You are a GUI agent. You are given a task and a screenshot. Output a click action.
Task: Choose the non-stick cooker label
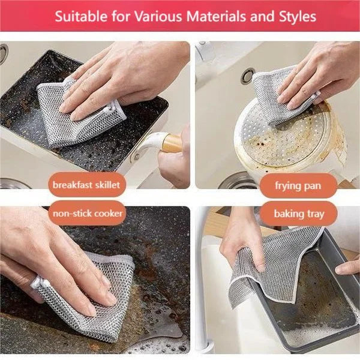[x=88, y=214]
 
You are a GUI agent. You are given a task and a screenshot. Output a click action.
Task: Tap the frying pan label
[x=298, y=185]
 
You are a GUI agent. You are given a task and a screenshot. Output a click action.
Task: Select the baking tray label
[x=298, y=214]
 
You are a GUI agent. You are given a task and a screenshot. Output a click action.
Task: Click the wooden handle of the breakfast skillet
[x=171, y=143]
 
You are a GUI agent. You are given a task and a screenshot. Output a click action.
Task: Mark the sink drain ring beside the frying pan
[x=247, y=76]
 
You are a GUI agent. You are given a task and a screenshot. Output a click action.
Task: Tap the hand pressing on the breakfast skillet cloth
[x=120, y=78]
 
